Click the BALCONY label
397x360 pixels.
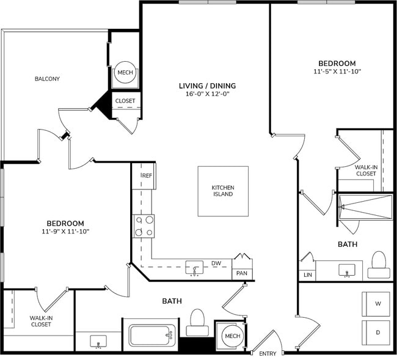(x=47, y=78)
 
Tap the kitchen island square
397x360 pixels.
(x=223, y=191)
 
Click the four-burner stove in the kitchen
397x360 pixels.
(x=144, y=226)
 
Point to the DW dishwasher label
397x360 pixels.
(x=216, y=264)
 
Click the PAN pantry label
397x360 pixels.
(x=241, y=273)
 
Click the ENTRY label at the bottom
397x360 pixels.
(x=268, y=354)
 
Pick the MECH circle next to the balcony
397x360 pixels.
(x=125, y=73)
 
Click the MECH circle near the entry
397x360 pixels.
(x=232, y=336)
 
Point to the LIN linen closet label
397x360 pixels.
(x=307, y=276)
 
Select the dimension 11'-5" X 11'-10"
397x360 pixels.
(x=337, y=72)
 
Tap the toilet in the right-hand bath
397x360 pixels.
(x=379, y=262)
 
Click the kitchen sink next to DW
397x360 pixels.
(x=195, y=268)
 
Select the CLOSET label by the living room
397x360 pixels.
(x=125, y=101)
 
